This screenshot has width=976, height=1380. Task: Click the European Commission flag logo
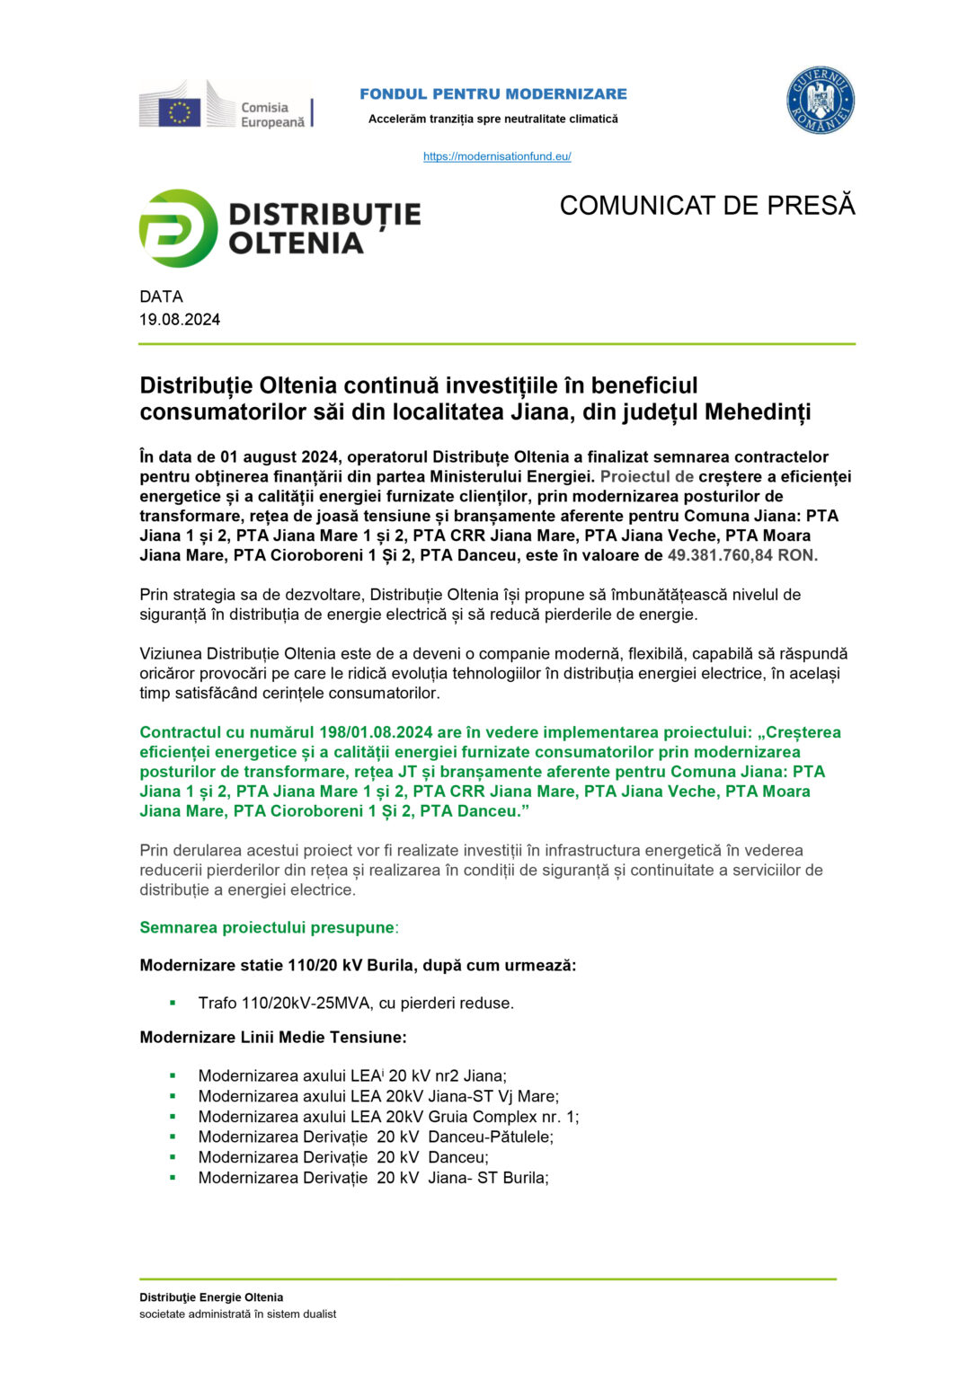pyautogui.click(x=180, y=112)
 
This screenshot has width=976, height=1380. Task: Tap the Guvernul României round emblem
pyautogui.click(x=820, y=101)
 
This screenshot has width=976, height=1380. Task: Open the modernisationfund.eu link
pyautogui.click(x=497, y=156)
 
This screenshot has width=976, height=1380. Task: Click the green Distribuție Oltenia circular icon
pyautogui.click(x=178, y=228)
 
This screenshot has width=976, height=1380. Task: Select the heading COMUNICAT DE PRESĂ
pyautogui.click(x=706, y=206)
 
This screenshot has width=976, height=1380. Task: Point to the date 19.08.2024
pyautogui.click(x=180, y=320)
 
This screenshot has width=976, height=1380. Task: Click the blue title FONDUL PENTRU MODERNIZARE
pyautogui.click(x=493, y=94)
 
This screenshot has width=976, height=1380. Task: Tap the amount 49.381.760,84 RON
pyautogui.click(x=742, y=555)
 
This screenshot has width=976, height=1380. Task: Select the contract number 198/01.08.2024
pyautogui.click(x=378, y=732)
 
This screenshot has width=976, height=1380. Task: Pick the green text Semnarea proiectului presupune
pyautogui.click(x=267, y=927)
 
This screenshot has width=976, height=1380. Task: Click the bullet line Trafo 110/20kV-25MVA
pyautogui.click(x=356, y=1003)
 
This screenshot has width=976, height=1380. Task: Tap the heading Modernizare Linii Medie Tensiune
pyautogui.click(x=273, y=1038)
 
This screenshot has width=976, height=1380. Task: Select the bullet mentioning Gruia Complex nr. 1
pyautogui.click(x=388, y=1117)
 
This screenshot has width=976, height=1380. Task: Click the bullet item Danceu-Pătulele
pyautogui.click(x=376, y=1137)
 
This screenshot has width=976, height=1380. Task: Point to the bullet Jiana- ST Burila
pyautogui.click(x=373, y=1178)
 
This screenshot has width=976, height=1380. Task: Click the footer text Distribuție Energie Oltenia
pyautogui.click(x=211, y=1297)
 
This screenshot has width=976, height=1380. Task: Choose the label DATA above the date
pyautogui.click(x=161, y=296)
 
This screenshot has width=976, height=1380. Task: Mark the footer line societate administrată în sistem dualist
pyautogui.click(x=237, y=1314)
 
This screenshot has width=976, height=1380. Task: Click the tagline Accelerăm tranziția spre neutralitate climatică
pyautogui.click(x=493, y=119)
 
